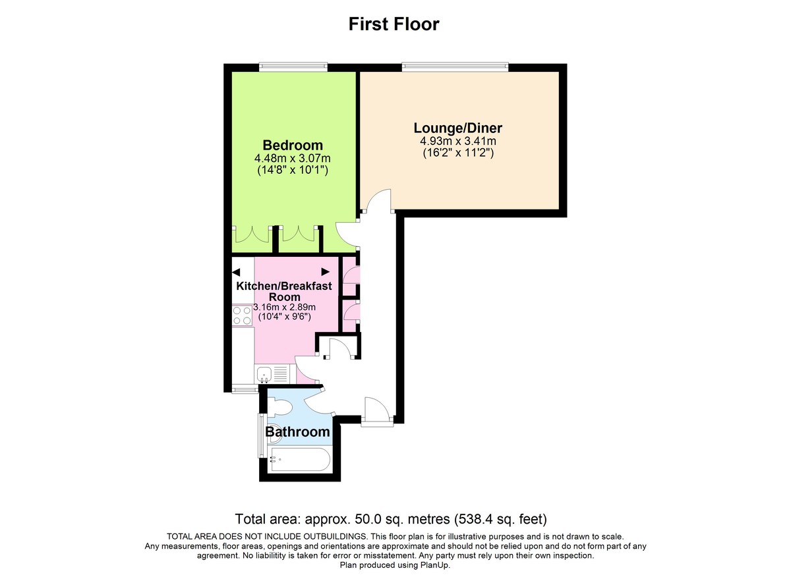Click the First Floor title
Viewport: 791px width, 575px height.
(x=394, y=24)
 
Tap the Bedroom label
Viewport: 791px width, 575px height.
(x=293, y=145)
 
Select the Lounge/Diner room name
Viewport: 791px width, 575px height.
(x=457, y=127)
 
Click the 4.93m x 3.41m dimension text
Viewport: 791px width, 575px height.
(x=457, y=141)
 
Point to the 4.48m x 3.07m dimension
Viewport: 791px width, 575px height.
(x=293, y=158)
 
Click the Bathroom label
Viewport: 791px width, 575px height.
(x=297, y=432)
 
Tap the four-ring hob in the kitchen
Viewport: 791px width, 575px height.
(x=242, y=315)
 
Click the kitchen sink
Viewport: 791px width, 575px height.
(x=265, y=375)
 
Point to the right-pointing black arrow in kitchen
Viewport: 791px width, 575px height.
(x=326, y=271)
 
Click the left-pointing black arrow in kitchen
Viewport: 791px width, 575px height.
(x=236, y=271)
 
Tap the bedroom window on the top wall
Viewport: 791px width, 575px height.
(x=293, y=66)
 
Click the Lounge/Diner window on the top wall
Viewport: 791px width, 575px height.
(x=455, y=66)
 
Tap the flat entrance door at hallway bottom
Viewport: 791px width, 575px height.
(x=378, y=410)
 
